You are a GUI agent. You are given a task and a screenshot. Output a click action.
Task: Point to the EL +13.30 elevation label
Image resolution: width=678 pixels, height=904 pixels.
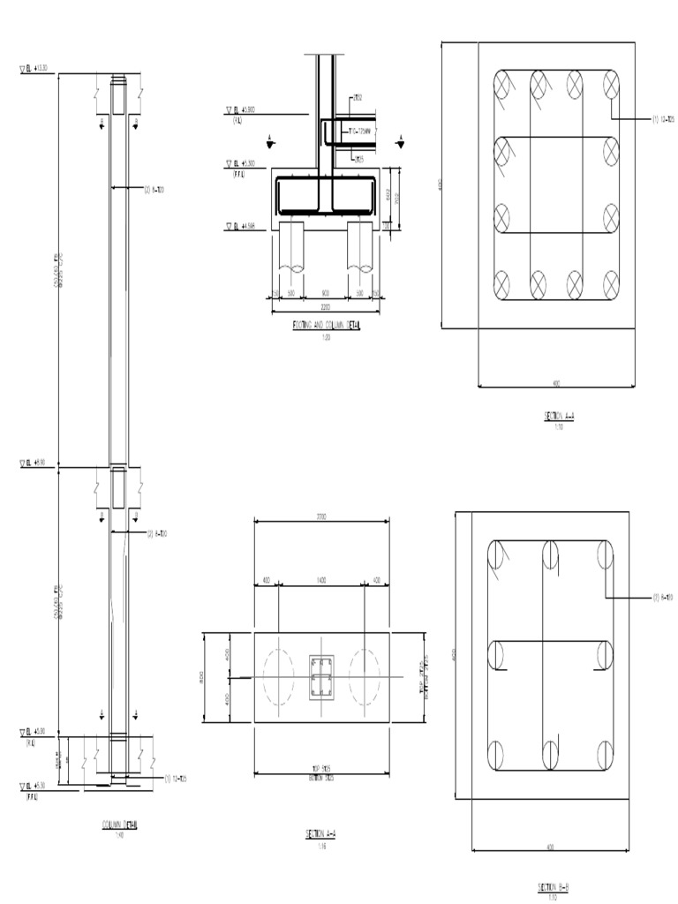[x=37, y=67]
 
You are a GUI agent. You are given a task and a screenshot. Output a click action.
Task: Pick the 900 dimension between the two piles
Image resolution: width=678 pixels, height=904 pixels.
[x=325, y=292]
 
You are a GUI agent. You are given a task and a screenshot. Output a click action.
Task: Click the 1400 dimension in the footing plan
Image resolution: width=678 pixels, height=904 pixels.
[x=322, y=581]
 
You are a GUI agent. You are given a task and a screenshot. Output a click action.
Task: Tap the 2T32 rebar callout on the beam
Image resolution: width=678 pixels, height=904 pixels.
[x=358, y=97]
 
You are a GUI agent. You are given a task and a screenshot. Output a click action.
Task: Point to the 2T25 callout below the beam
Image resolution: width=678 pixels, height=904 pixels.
[x=359, y=160]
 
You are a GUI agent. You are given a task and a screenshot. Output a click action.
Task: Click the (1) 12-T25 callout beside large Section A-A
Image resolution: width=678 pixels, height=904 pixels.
[x=667, y=117]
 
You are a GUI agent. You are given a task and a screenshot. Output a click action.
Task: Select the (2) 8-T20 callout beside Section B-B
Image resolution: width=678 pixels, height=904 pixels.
[x=662, y=598]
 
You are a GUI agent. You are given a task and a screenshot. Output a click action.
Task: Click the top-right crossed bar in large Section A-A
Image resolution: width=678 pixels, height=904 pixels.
[x=610, y=86]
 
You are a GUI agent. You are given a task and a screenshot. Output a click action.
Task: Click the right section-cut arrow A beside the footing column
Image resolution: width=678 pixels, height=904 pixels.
[x=401, y=140]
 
